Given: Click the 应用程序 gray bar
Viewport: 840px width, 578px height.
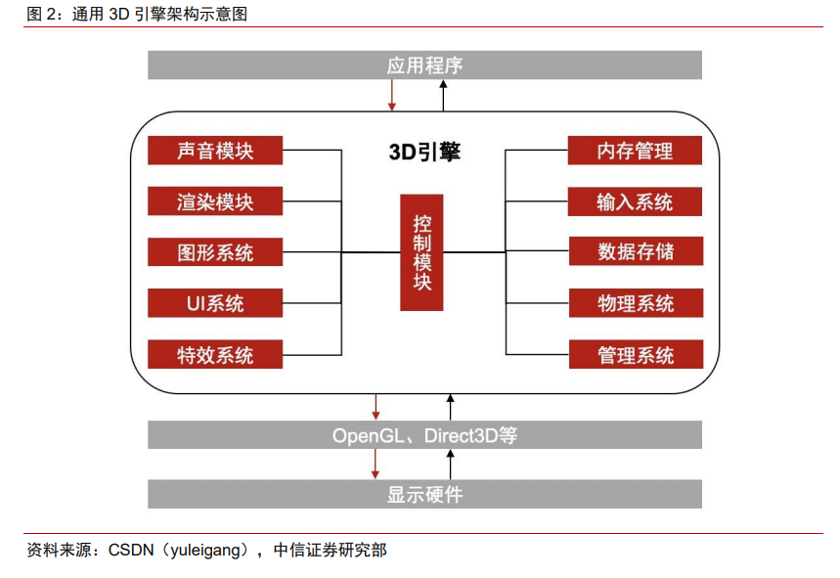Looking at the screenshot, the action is [x=424, y=65].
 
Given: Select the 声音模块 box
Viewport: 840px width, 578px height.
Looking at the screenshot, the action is [x=215, y=150].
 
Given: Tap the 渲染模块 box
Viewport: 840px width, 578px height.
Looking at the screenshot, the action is [x=215, y=200].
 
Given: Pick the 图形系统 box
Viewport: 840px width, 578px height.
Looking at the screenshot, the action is [x=215, y=251].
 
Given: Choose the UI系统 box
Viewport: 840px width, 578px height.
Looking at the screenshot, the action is [x=215, y=303].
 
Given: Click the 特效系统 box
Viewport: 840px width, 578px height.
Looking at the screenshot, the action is [x=215, y=354].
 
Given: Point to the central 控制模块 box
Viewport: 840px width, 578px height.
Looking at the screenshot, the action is [x=421, y=252].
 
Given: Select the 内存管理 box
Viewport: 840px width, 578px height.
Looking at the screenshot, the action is [x=635, y=150].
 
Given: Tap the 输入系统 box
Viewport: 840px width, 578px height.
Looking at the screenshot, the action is [x=635, y=201].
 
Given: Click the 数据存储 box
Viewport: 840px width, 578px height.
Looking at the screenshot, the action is [x=636, y=251].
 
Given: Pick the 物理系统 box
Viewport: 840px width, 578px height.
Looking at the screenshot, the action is [x=636, y=303].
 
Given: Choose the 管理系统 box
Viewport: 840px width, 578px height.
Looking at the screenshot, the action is [x=636, y=354].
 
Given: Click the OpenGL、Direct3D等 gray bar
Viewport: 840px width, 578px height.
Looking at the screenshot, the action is [x=424, y=435].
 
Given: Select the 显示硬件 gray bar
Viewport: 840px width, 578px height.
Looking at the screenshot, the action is [x=424, y=494].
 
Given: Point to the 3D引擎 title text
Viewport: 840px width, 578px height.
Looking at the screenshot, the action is [x=424, y=152].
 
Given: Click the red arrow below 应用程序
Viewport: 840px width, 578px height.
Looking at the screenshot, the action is [x=392, y=95].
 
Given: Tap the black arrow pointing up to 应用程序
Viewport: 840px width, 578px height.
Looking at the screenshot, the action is [x=443, y=95].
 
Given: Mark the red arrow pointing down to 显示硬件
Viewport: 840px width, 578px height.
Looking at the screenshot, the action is [x=376, y=464].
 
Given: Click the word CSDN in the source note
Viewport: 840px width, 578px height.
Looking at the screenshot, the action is [x=131, y=551].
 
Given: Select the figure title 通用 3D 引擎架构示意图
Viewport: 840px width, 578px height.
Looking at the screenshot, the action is [x=159, y=14].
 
